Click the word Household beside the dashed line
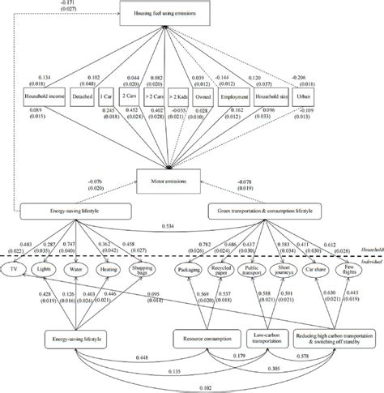[x=368, y=249]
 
